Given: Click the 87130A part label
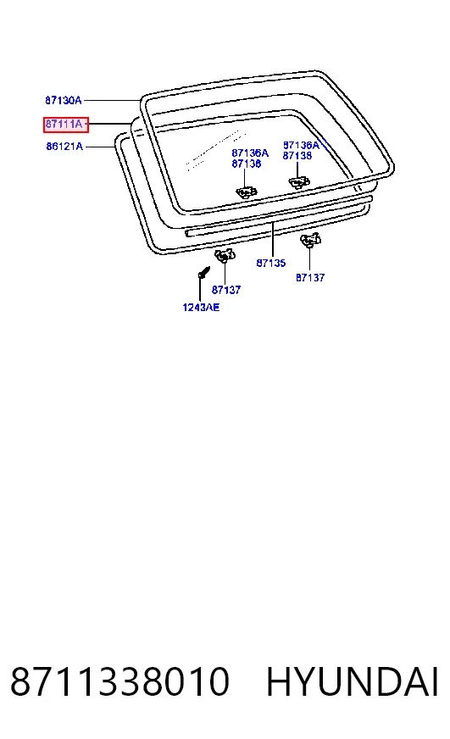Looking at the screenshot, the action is [x=64, y=100].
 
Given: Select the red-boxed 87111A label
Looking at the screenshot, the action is [x=65, y=125].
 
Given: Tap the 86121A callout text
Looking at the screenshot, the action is [x=64, y=147].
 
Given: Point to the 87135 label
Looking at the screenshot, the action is [x=271, y=263].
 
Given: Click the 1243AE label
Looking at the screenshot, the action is [x=201, y=308].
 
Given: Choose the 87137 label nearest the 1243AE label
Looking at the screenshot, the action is [x=226, y=290].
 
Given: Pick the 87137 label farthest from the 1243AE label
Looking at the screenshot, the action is [x=310, y=278].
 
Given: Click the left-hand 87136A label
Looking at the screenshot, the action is [x=250, y=153].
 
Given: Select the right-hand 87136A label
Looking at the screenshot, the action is [x=301, y=145].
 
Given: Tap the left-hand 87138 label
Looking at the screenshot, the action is [x=246, y=164].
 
